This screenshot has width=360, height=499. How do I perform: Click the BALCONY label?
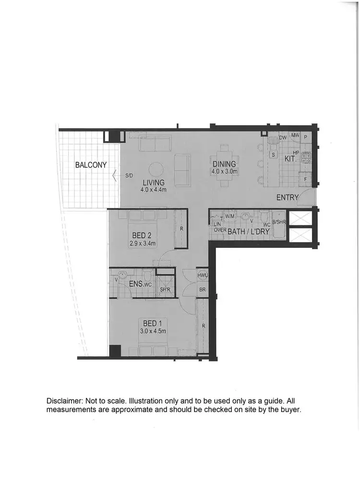coord(91,165)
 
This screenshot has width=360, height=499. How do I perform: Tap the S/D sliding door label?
coord(129,176)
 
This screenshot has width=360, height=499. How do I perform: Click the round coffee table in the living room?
coord(156,170)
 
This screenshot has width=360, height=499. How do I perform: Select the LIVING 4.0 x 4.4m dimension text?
coord(153,190)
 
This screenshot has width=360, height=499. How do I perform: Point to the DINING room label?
coord(224,164)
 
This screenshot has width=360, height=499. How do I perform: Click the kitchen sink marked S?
coord(273,155)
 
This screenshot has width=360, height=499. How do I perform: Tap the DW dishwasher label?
coord(283,137)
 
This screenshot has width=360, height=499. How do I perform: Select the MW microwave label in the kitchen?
coord(295,136)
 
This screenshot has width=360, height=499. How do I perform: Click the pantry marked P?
coord(306,137)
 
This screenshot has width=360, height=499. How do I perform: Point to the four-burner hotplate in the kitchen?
coord(306,157)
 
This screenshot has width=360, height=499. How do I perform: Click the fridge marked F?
coord(306,179)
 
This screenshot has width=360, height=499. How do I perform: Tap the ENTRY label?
coord(288,197)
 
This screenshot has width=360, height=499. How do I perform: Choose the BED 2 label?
coord(142,235)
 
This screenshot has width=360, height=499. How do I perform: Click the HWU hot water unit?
coord(203,275)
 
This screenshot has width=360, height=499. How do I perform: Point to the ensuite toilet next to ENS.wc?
coord(147,276)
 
